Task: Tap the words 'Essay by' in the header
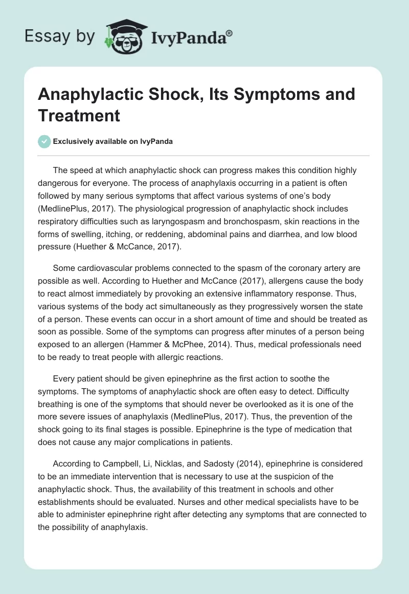coord(60,36)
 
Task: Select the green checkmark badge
coord(44,141)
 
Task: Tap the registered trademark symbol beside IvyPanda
coord(230,32)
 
